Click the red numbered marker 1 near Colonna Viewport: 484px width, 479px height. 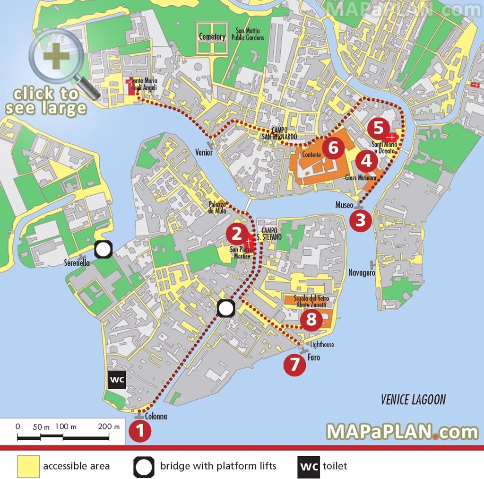140,432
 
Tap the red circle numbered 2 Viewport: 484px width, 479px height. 236,233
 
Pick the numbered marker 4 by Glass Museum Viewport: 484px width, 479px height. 366,162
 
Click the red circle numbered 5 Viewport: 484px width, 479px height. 379,128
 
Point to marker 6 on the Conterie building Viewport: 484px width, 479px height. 333,148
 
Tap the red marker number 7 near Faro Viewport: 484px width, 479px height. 294,365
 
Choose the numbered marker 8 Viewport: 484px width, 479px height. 311,320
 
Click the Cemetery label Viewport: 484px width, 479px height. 212,37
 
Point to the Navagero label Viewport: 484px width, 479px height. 362,273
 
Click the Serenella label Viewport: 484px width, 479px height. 77,263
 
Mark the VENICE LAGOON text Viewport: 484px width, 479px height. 413,400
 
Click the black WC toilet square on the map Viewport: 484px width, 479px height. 117,379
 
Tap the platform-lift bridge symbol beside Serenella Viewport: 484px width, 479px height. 103,250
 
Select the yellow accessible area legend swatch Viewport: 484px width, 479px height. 28,466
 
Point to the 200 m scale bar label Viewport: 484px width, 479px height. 109,427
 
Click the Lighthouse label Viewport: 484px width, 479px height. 322,345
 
